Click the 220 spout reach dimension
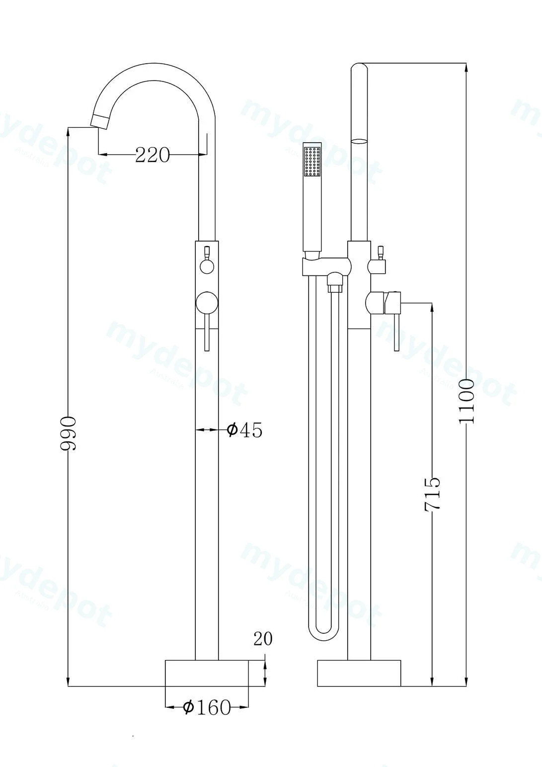click(x=153, y=155)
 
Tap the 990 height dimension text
click(x=68, y=433)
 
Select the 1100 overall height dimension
click(x=466, y=401)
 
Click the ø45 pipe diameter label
click(x=244, y=429)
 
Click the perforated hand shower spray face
click(x=313, y=162)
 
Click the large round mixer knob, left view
click(x=206, y=303)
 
